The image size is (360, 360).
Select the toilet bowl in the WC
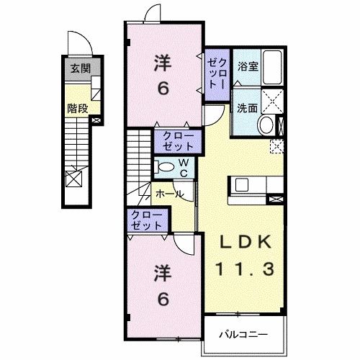click(x=164, y=167)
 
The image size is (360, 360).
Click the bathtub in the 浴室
click(x=272, y=68)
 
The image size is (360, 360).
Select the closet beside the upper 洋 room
click(x=217, y=73)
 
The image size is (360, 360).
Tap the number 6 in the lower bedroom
click(x=163, y=297)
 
